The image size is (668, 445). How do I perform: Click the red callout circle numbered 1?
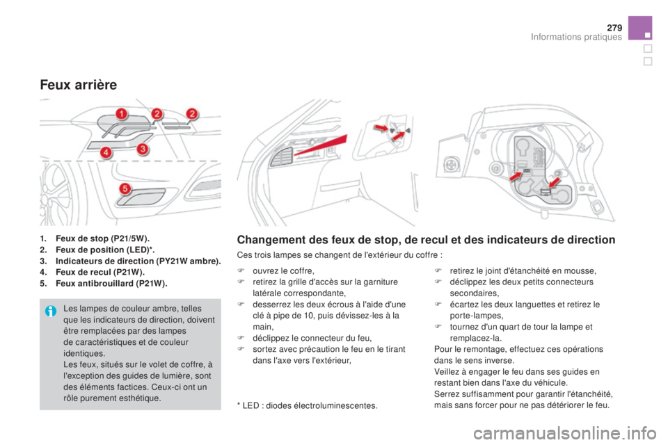121,114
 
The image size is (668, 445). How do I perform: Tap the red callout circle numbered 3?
143,149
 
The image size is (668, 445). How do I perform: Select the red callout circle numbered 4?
106,152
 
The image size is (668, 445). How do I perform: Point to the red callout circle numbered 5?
125,188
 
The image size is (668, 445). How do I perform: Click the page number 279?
614,28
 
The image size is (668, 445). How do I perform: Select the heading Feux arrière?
79,85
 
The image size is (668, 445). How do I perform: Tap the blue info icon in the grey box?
51,311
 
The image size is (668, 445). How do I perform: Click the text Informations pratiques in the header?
576,37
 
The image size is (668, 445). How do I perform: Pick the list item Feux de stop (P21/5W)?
95,238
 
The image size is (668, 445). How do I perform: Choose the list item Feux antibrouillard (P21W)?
104,284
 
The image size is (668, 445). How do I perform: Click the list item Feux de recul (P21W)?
93,272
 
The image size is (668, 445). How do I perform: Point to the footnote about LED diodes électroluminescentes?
307,405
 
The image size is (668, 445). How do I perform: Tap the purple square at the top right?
640,28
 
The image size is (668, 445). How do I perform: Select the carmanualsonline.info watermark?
564,434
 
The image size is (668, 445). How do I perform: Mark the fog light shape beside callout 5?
141,197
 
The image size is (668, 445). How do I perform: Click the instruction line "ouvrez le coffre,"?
283,271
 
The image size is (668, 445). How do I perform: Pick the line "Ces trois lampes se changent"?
340,255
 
